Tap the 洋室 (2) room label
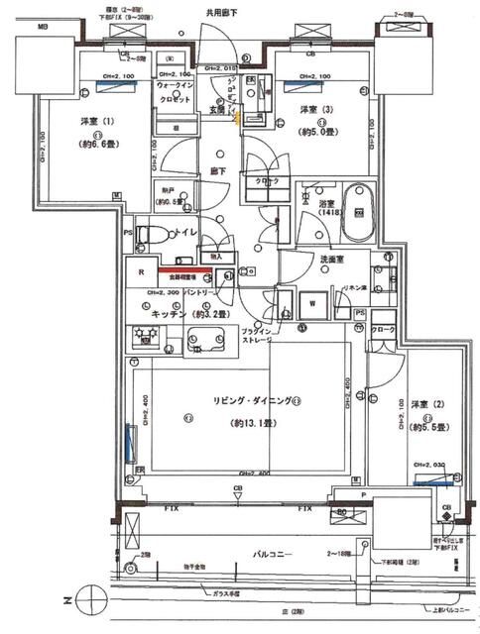pyautogui.click(x=422, y=405)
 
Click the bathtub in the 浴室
pyautogui.click(x=357, y=212)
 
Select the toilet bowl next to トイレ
pyautogui.click(x=149, y=234)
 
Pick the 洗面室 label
pyautogui.click(x=301, y=260)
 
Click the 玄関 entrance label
pyautogui.click(x=215, y=110)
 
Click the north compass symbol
pyautogui.click(x=89, y=600)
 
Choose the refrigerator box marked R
pyautogui.click(x=141, y=272)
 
